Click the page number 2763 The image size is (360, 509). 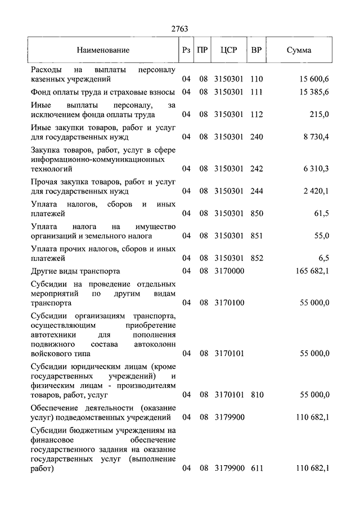coord(179,29)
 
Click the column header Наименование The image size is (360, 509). coord(103,50)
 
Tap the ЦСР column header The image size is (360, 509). coord(229,50)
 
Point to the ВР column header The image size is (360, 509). coord(256,50)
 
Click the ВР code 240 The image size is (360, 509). coord(256,136)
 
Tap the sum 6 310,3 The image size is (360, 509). coord(316,168)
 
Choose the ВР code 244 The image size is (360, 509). coord(256,191)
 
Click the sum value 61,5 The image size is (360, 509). coord(321,213)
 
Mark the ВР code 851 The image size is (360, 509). coord(256,236)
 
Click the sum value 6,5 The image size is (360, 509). coord(323,258)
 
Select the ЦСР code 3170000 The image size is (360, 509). coord(229,271)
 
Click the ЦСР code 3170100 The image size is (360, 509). coord(229,303)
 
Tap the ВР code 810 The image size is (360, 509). coord(256,395)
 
